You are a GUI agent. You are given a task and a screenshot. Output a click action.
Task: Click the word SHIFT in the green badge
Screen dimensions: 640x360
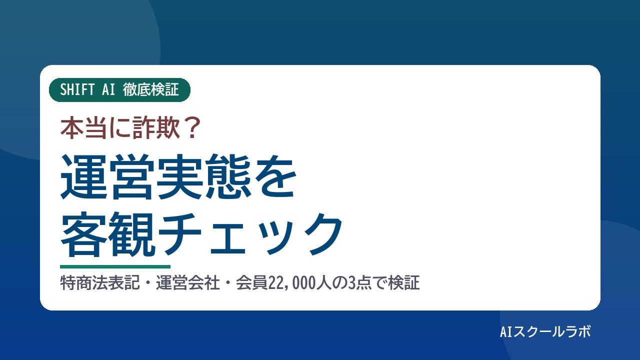pyautogui.click(x=77, y=89)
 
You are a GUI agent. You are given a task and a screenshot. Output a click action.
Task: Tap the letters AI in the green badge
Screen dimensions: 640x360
pyautogui.click(x=108, y=89)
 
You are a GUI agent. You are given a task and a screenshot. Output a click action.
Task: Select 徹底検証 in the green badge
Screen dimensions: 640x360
pyautogui.click(x=151, y=89)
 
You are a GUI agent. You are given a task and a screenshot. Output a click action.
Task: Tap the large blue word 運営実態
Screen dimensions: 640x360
pyautogui.click(x=155, y=176)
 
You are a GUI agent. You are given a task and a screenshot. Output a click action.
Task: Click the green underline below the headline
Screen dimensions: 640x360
pyautogui.click(x=115, y=267)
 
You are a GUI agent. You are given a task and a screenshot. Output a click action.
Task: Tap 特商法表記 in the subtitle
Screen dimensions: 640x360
pyautogui.click(x=100, y=283)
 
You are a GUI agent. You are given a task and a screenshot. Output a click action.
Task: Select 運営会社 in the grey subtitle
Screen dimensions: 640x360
pyautogui.click(x=187, y=283)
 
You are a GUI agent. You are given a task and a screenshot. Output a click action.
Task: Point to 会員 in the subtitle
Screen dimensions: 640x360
pyautogui.click(x=251, y=283)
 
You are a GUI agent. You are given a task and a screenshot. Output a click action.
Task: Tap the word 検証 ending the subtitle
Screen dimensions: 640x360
pyautogui.click(x=403, y=283)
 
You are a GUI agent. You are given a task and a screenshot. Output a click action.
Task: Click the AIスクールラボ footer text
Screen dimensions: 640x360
pyautogui.click(x=545, y=331)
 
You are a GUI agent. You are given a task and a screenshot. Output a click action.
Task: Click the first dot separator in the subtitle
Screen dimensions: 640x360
pyautogui.click(x=148, y=283)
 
